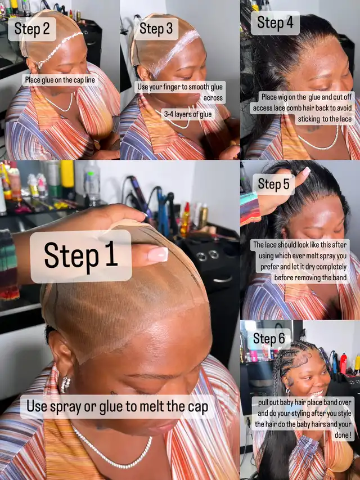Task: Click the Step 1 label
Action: [81, 257]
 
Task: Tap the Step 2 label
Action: [32, 29]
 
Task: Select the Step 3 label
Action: [156, 29]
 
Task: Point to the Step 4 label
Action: [275, 23]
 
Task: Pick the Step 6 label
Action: [269, 339]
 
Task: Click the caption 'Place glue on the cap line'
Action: [60, 80]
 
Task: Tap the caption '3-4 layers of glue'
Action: [188, 114]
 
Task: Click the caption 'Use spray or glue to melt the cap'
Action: [117, 406]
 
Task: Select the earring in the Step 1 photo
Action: [65, 384]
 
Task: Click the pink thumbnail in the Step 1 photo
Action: [158, 254]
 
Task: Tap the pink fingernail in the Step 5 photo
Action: [306, 172]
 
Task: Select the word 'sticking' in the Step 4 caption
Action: [309, 119]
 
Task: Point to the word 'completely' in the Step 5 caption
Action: [331, 267]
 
